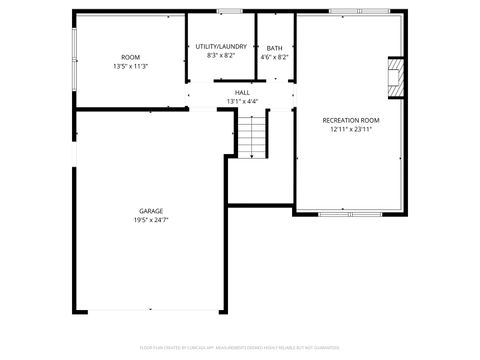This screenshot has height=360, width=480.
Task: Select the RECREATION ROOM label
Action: pyautogui.click(x=351, y=120)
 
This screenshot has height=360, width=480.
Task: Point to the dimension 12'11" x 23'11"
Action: pyautogui.click(x=351, y=129)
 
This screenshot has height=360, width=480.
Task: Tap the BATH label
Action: pyautogui.click(x=274, y=48)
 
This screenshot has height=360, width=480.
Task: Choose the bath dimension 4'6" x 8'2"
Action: pyautogui.click(x=274, y=57)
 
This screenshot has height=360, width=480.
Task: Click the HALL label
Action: pyautogui.click(x=242, y=92)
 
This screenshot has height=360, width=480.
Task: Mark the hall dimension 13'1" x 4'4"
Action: pyautogui.click(x=242, y=101)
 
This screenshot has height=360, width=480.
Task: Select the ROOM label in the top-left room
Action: pyautogui.click(x=130, y=57)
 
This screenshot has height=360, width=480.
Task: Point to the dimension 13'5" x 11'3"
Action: pyautogui.click(x=130, y=66)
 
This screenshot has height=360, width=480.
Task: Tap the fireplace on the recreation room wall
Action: pyautogui.click(x=396, y=77)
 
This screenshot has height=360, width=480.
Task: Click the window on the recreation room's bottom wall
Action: pyautogui.click(x=349, y=214)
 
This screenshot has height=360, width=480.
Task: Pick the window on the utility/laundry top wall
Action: pyautogui.click(x=230, y=12)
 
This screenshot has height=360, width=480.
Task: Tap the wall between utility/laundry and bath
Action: pyautogui.click(x=256, y=45)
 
